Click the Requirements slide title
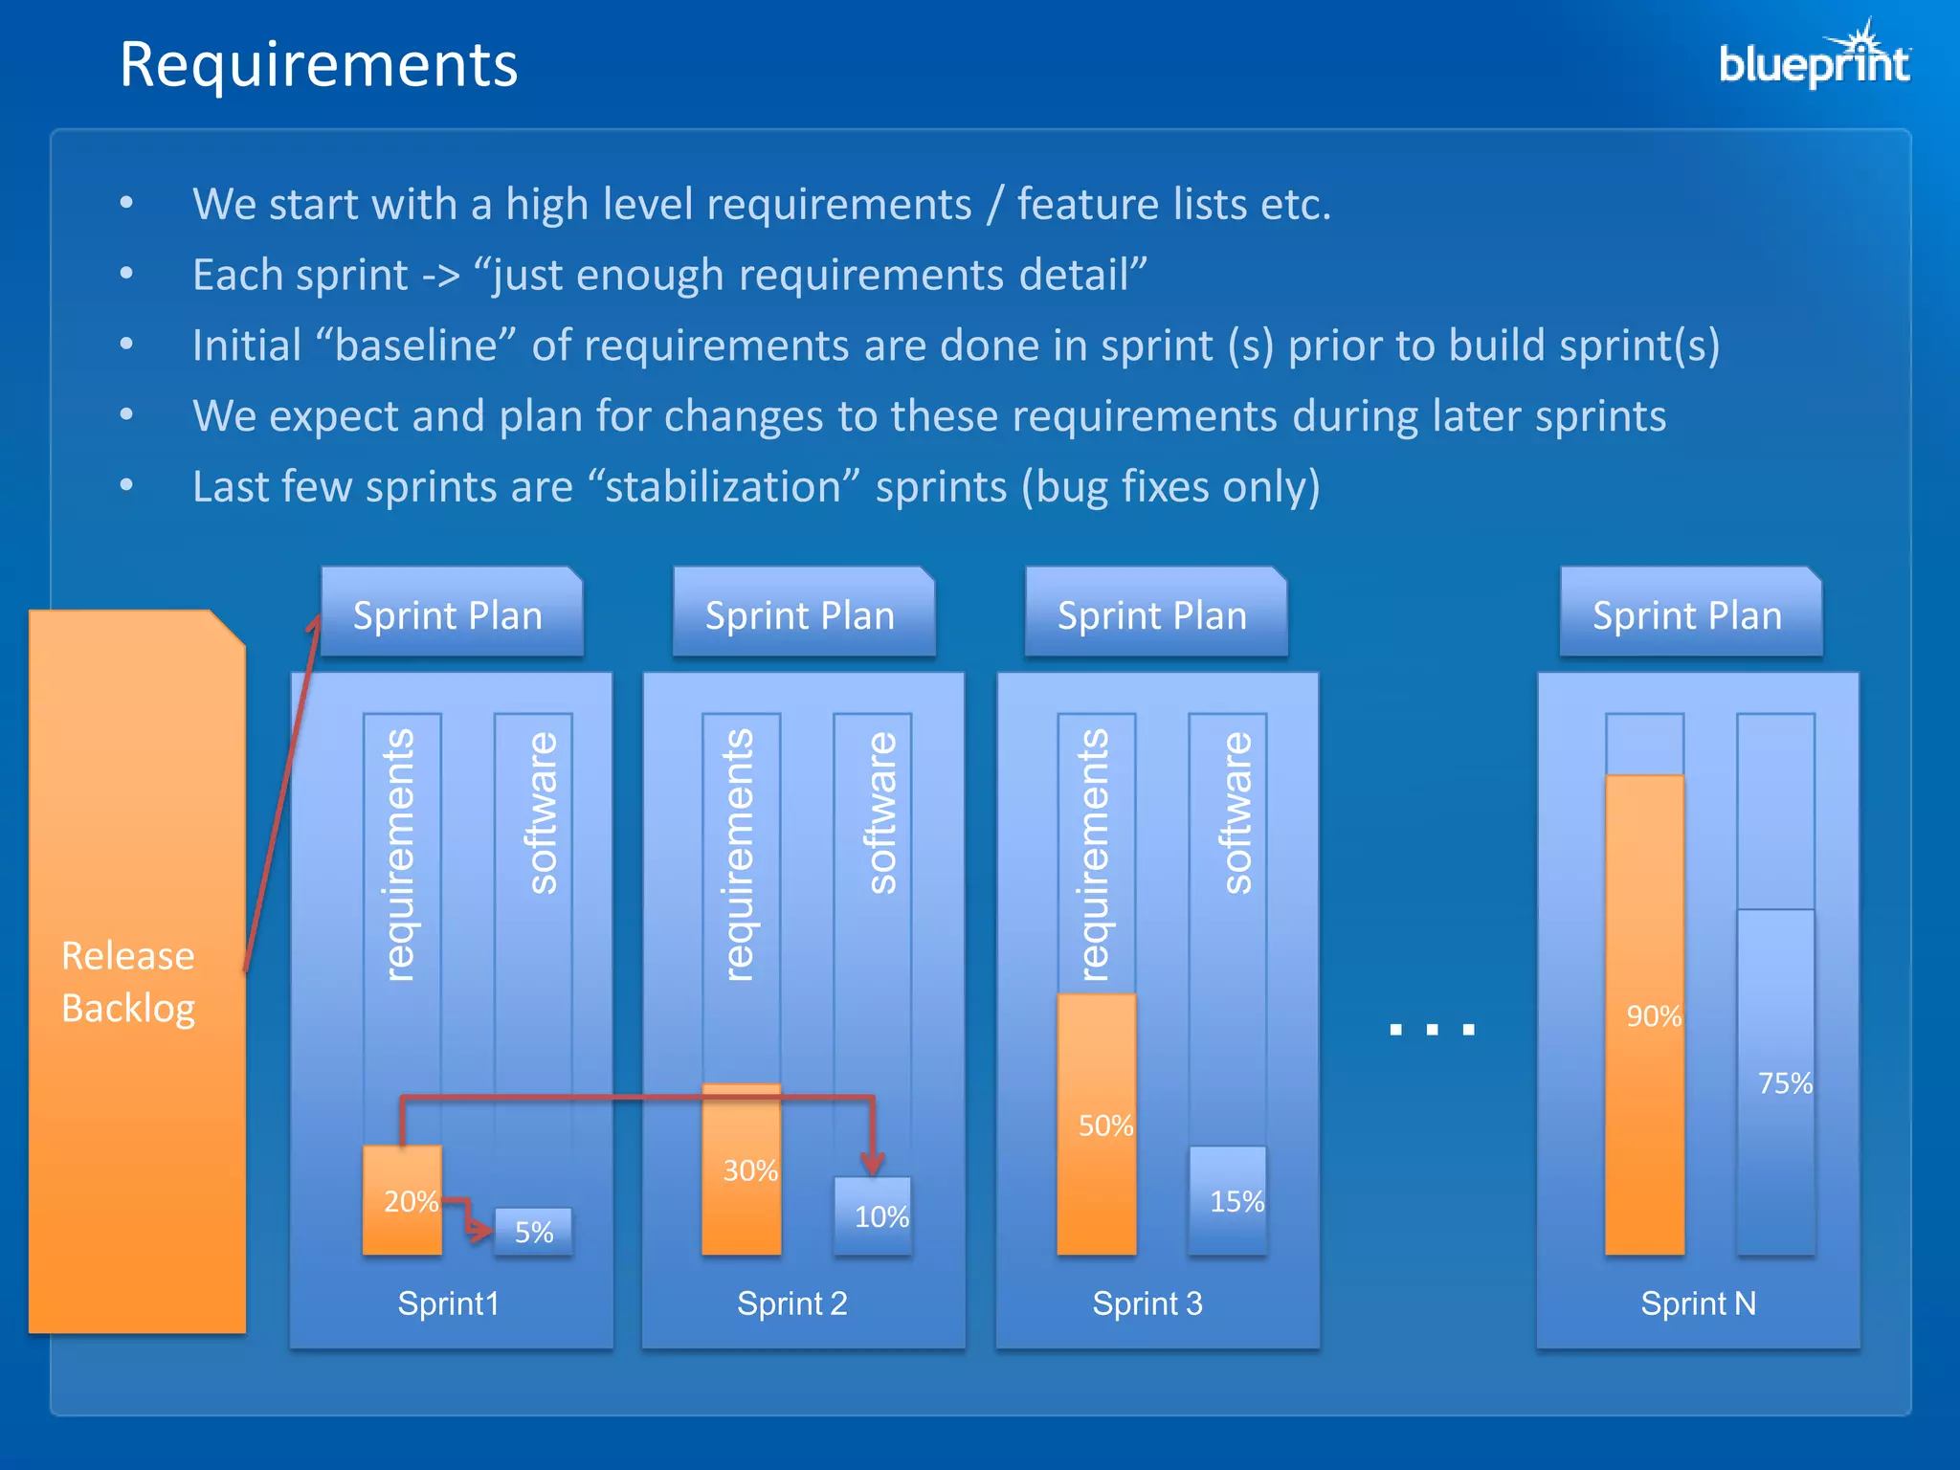(318, 65)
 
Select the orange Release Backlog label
(128, 982)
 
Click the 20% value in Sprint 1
(410, 1202)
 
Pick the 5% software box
(533, 1232)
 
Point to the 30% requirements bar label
(749, 1170)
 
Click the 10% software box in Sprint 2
(880, 1216)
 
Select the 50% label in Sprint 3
(1105, 1125)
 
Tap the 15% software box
(1236, 1202)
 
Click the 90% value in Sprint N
(1653, 1016)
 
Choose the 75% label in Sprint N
(1785, 1083)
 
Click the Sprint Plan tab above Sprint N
(1687, 615)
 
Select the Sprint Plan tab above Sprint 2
(800, 615)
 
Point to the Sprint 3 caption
(1147, 1303)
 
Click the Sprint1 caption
(448, 1303)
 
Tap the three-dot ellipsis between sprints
(1432, 1030)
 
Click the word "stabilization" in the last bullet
(724, 487)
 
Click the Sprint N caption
(1698, 1303)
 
